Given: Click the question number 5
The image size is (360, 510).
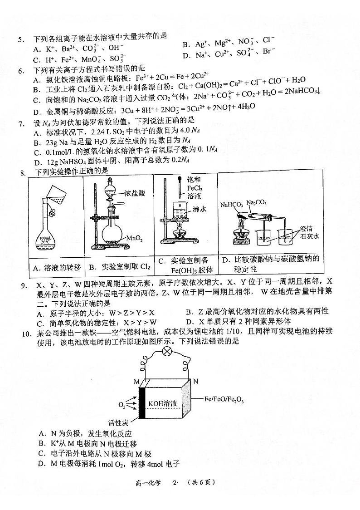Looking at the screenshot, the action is (x=21, y=40).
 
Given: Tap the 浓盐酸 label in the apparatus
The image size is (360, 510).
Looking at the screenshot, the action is (x=135, y=193).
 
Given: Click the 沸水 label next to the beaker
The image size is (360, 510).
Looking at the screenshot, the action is (x=199, y=209).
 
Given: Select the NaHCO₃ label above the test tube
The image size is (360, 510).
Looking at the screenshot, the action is (x=231, y=204).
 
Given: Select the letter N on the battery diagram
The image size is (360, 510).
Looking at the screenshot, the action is (x=195, y=381).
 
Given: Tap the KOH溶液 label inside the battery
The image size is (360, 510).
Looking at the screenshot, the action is (x=163, y=404).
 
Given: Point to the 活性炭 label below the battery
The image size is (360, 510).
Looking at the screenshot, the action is (x=118, y=423).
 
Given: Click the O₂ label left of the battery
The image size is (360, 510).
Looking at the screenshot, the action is (x=122, y=405).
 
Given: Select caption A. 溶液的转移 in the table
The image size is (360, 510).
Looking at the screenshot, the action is (x=57, y=268).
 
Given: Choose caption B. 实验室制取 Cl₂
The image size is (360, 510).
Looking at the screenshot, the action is (x=120, y=267).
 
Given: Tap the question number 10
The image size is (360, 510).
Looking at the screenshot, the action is (x=26, y=333).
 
